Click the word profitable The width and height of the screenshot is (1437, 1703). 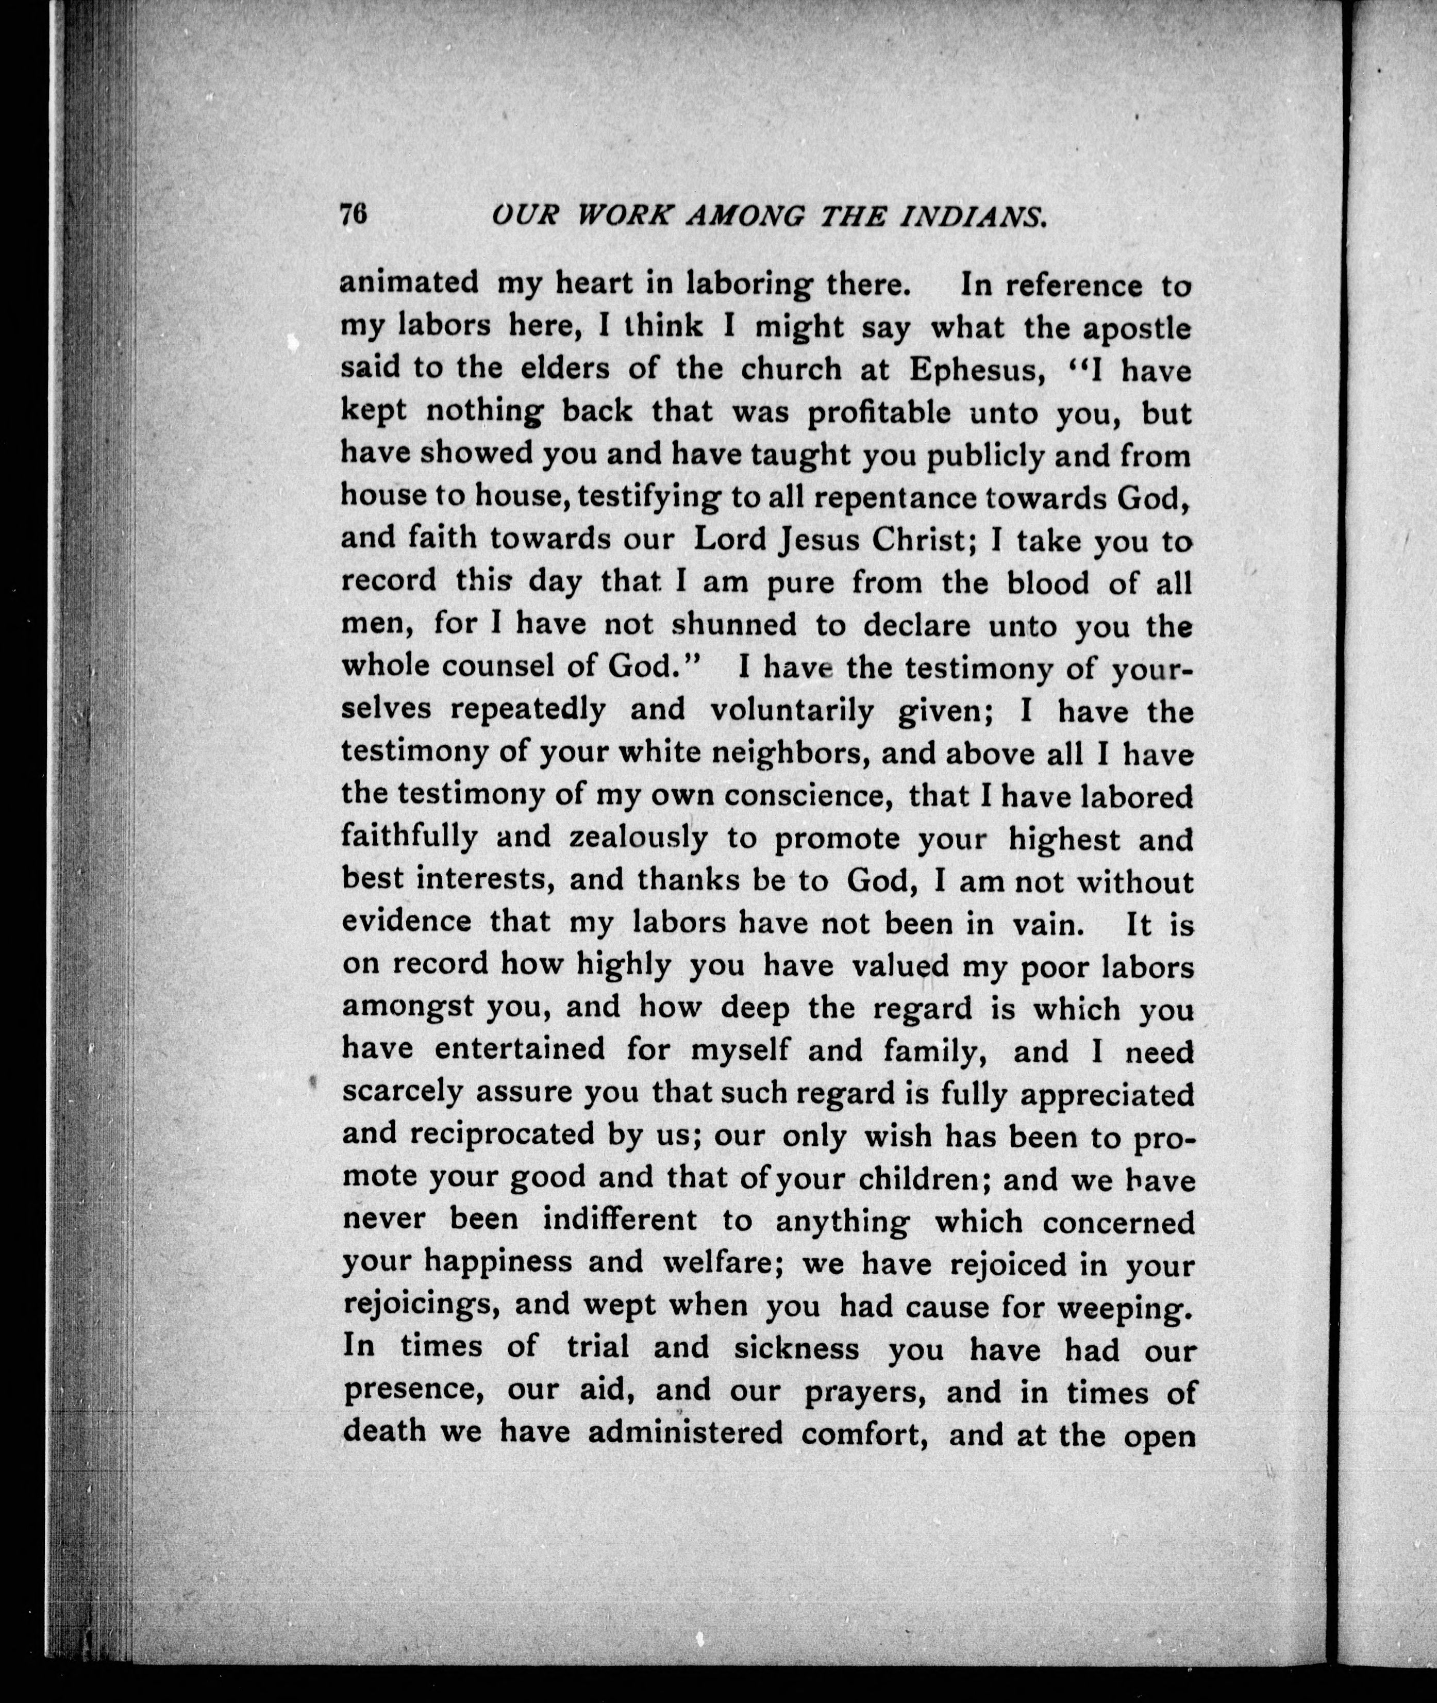point(878,413)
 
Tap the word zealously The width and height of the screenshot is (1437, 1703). point(638,837)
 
